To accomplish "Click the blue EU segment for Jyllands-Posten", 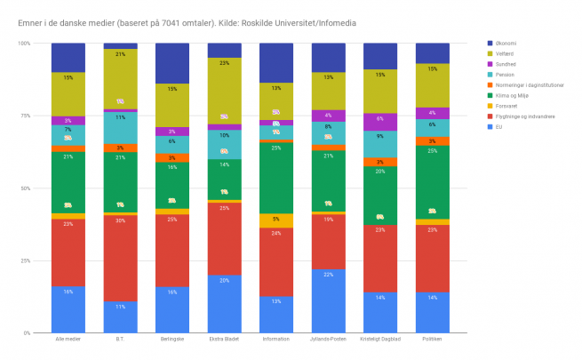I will pos(328,301).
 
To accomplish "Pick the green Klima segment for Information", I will pos(276,178).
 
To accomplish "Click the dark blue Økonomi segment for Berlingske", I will pos(172,63).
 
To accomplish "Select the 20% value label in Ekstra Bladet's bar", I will pos(224,279).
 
